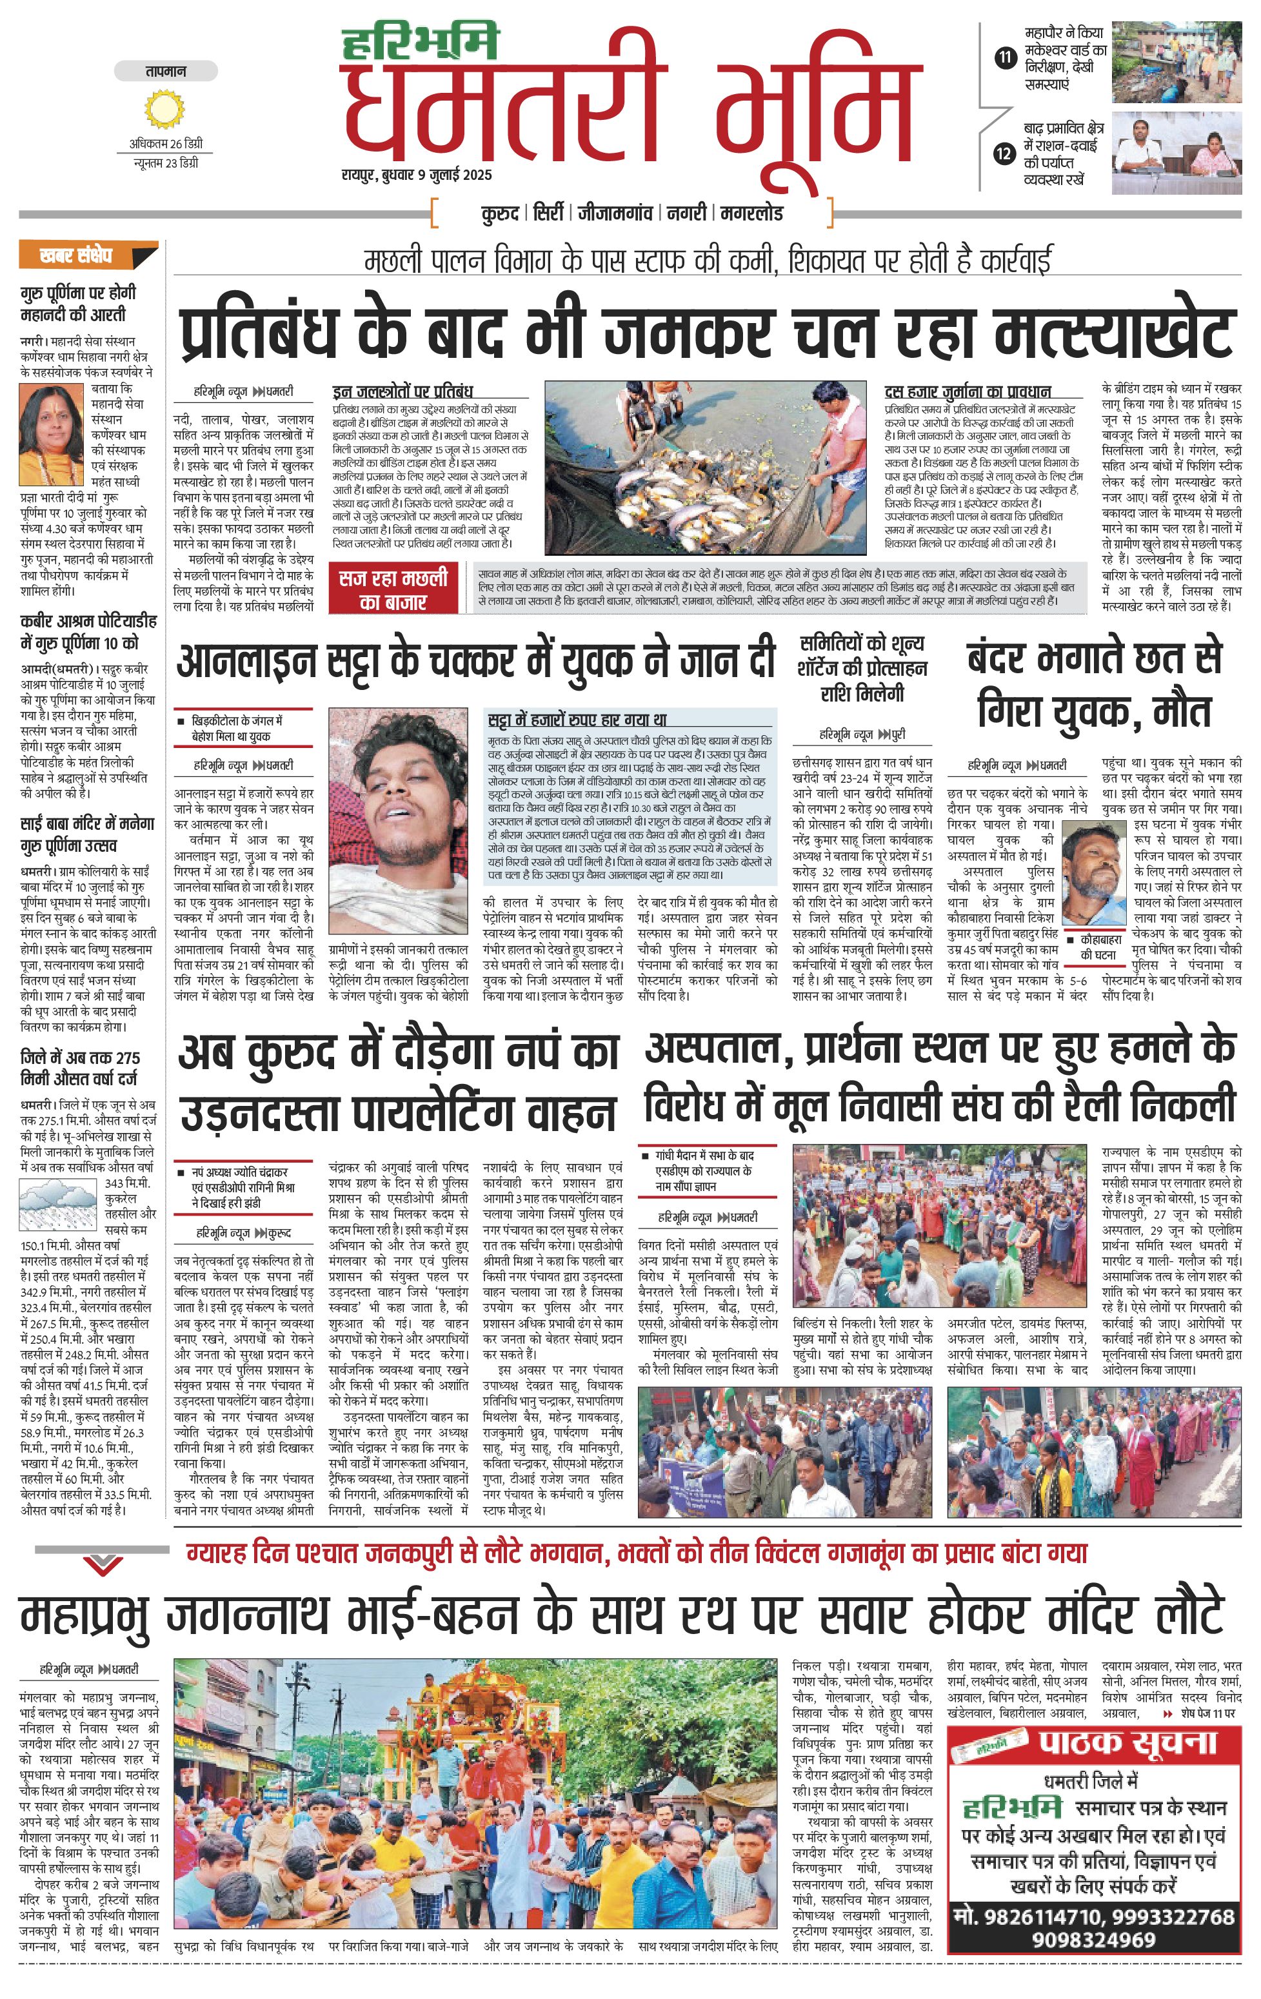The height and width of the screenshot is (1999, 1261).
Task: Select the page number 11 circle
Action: (x=1006, y=57)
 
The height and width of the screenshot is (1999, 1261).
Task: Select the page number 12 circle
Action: (x=1006, y=153)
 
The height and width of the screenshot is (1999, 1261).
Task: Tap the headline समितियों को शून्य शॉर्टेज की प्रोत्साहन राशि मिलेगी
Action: (x=862, y=668)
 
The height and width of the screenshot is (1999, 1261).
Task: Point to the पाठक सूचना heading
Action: (x=1127, y=1742)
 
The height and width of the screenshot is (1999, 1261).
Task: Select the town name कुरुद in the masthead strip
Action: (x=501, y=213)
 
